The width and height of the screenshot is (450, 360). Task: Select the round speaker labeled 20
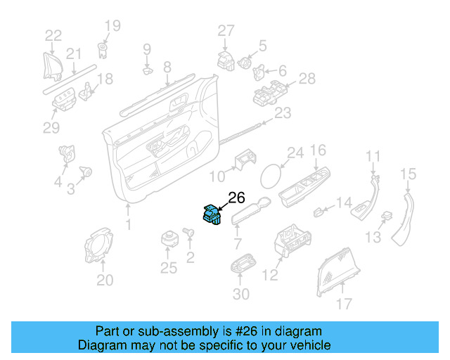point(101,245)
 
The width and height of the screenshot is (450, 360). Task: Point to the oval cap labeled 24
point(273,174)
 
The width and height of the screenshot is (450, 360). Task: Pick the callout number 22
point(53,35)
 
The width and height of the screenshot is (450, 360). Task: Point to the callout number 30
point(240,294)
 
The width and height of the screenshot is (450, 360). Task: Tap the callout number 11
point(373,155)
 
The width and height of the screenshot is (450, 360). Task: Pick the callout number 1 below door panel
point(127,226)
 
